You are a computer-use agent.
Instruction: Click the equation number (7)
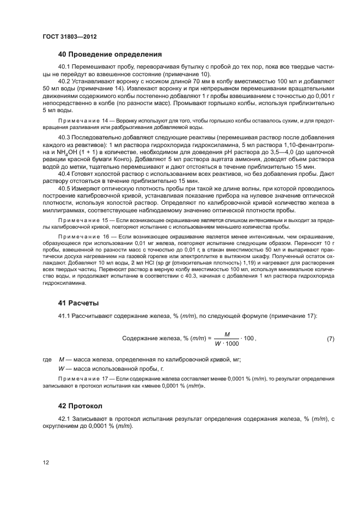click(x=330, y=339)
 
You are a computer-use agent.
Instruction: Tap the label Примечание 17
click(x=81, y=378)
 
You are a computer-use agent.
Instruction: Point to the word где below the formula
click(x=46, y=360)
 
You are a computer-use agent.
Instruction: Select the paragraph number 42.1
click(x=65, y=418)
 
